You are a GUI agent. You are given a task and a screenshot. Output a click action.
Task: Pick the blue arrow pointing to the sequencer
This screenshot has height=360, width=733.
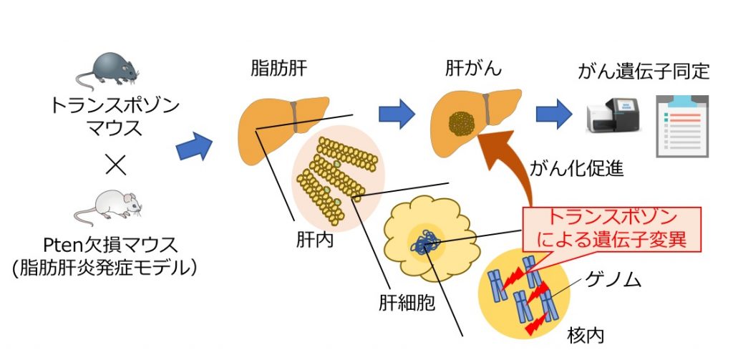coord(553,112)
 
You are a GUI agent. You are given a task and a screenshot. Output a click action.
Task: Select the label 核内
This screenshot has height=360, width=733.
coord(587,334)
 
